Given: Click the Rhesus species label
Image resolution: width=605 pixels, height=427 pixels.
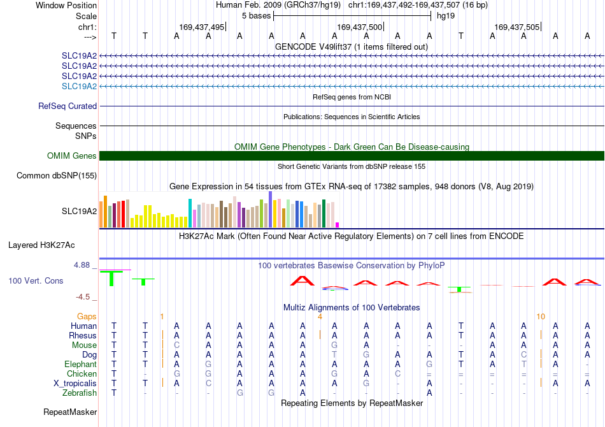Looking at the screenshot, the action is tap(83, 335).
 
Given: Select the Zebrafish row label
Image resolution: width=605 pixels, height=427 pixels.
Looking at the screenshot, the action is tap(80, 393).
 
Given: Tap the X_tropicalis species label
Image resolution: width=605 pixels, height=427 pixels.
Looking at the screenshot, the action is tap(75, 384).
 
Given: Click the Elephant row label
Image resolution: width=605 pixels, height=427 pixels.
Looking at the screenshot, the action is tap(80, 364).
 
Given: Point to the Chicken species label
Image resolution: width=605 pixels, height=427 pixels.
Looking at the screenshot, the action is tap(82, 373).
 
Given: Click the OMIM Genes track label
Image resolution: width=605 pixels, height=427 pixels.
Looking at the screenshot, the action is tap(72, 156).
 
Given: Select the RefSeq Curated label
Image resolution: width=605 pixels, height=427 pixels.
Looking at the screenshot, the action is tap(68, 106).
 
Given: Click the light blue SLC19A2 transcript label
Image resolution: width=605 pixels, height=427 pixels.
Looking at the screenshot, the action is tap(79, 86).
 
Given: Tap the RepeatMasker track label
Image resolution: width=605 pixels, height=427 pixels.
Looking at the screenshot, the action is tap(70, 412).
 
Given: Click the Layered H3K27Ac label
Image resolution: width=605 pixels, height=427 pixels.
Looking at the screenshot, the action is tap(41, 245).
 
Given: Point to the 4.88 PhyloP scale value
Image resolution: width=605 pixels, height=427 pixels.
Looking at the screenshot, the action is tap(82, 265).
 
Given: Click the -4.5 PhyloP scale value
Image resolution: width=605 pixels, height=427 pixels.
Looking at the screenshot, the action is tap(83, 297).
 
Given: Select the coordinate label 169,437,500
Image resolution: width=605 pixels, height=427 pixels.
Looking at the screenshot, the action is tap(359, 27).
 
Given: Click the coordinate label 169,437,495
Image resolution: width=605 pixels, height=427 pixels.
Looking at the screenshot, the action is tap(201, 27).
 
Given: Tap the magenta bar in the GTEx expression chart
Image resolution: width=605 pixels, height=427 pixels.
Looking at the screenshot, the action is tap(338, 225).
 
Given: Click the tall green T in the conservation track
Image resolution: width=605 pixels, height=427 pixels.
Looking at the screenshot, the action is tap(111, 279).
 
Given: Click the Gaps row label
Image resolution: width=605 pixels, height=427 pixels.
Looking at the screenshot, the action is tap(87, 317).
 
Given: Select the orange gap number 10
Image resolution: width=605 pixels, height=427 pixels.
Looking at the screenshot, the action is tap(541, 317).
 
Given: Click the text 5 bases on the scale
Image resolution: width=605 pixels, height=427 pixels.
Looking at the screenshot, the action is tap(256, 16).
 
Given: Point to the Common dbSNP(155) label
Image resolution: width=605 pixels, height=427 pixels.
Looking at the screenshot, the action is tap(57, 176).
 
